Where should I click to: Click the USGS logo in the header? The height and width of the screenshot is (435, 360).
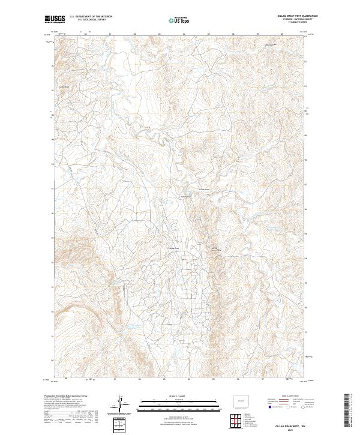(55, 19)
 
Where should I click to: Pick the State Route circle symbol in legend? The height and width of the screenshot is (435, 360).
(304, 406)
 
